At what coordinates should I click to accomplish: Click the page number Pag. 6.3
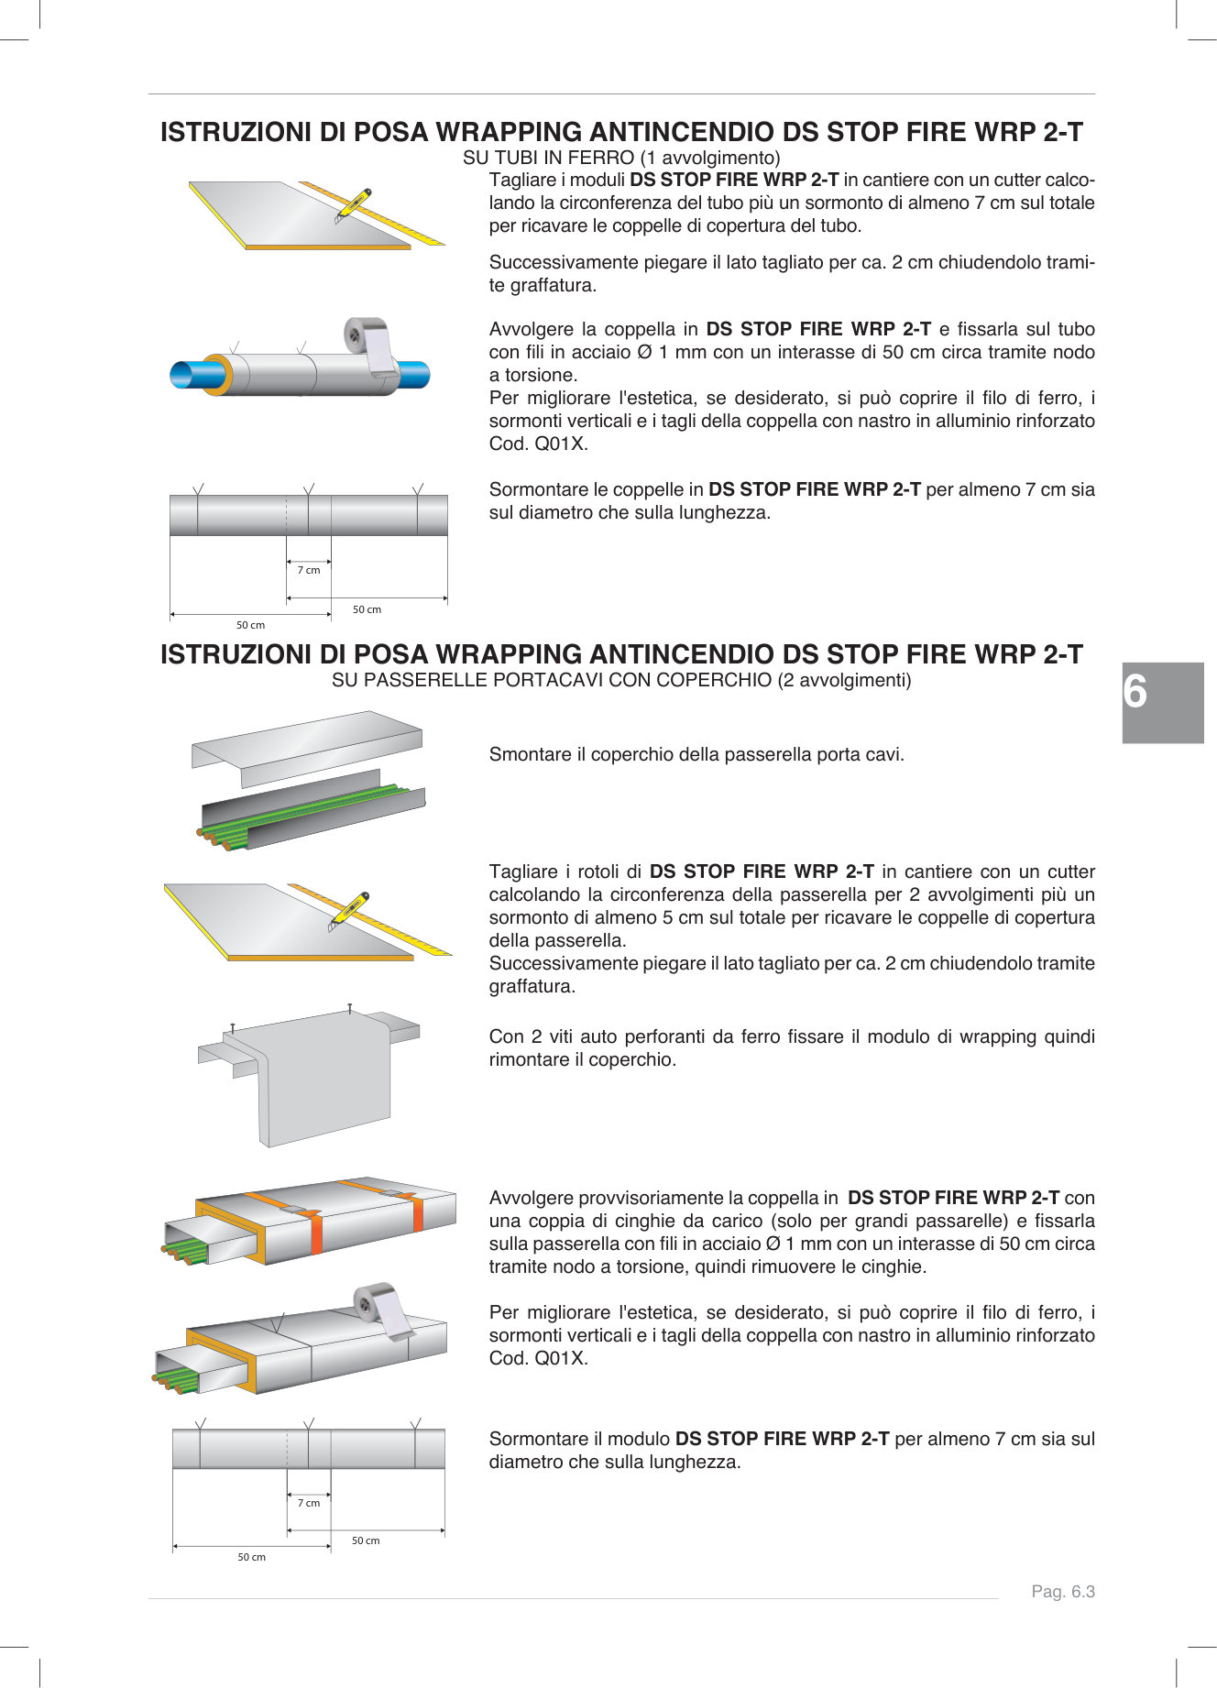(x=1062, y=1592)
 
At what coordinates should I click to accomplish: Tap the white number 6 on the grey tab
(x=1135, y=693)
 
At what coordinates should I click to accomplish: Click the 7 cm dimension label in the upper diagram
(x=309, y=570)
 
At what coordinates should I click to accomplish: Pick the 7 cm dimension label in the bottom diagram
(x=309, y=1503)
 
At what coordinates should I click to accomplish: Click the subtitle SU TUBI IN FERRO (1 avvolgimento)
(x=621, y=158)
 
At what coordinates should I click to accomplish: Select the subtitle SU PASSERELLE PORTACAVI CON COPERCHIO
(x=621, y=680)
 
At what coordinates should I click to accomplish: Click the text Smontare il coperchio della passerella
(x=696, y=754)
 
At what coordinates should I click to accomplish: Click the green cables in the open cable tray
(x=302, y=812)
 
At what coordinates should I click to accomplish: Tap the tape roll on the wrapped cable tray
(x=379, y=1305)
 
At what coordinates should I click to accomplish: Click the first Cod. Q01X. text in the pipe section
(x=538, y=444)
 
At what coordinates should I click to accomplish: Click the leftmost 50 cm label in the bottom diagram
(x=251, y=1557)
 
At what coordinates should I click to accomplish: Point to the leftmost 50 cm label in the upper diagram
(x=250, y=625)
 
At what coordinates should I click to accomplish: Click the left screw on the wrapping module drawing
(x=233, y=1029)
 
